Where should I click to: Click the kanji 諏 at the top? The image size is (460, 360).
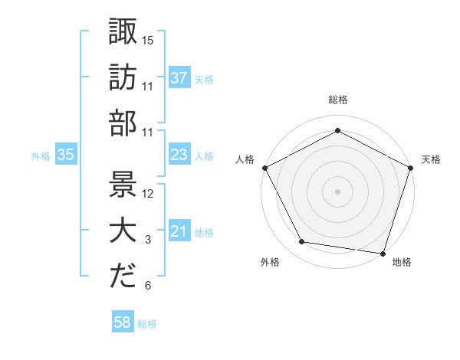pos(123,32)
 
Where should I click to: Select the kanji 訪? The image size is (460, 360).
pos(123,77)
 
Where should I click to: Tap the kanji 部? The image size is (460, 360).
pos(123,123)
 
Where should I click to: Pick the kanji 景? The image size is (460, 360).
pos(123,186)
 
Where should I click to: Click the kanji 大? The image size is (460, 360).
pos(123,232)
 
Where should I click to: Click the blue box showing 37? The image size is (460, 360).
pos(179,77)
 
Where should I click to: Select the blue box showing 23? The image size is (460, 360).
pos(179,155)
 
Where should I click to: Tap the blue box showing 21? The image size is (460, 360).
pos(179,231)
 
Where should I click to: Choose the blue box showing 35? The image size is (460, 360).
pos(66,155)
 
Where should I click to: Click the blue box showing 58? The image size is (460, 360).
pos(123,323)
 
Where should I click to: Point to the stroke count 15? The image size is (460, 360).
pos(148,40)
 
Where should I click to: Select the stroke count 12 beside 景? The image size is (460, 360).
pos(148,194)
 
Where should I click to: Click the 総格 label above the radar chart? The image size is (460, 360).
pos(337,100)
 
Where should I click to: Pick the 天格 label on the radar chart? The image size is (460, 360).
pos(431,159)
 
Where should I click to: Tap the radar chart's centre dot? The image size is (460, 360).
pos(337,191)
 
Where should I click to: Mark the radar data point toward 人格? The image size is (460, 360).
pos(264,167)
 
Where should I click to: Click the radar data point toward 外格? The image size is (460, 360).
pos(302,242)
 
